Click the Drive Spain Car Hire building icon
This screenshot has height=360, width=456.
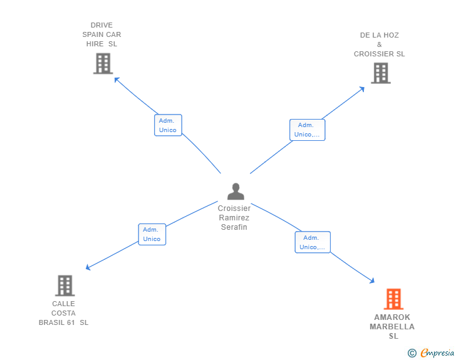point(103,63)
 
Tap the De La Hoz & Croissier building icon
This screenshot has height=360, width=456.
point(380,73)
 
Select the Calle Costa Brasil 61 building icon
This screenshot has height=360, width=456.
point(65,285)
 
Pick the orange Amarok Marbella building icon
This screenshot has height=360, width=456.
point(393,299)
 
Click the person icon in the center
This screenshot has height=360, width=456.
point(235,192)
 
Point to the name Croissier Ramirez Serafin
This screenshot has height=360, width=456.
point(234,218)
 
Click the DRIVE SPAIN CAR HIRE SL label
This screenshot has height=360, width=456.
point(101,35)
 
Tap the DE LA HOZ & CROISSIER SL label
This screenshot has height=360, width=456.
point(379,44)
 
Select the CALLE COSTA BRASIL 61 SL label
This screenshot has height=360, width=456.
point(64,313)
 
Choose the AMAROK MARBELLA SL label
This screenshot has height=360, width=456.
point(392,326)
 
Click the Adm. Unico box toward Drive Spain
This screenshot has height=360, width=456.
point(168,125)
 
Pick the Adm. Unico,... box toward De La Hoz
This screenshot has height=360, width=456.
point(307,130)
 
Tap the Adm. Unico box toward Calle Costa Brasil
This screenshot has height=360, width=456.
point(152,234)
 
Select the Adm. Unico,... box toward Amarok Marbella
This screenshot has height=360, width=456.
point(313,242)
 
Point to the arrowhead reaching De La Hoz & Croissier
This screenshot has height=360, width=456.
point(362,89)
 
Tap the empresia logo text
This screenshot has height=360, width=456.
point(437,353)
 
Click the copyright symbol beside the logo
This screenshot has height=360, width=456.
point(412,354)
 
